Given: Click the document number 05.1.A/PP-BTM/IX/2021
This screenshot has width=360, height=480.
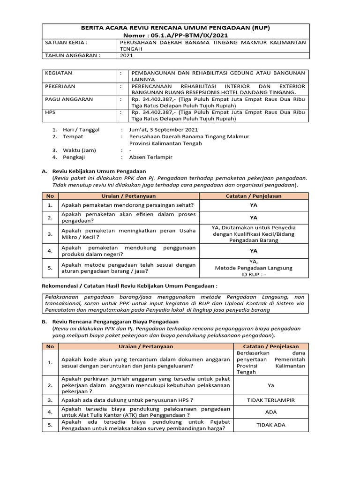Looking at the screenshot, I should (187, 35).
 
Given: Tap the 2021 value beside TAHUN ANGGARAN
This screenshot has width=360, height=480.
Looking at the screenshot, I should (127, 55).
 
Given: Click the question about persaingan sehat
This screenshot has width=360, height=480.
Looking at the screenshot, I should (128, 205).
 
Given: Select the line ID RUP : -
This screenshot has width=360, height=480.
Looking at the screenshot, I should (253, 275).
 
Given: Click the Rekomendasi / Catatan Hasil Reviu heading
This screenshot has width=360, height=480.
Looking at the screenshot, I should (130, 285).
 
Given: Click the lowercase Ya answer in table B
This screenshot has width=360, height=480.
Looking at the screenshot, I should (270, 385).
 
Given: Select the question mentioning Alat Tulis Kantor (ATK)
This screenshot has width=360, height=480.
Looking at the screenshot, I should (145, 412).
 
